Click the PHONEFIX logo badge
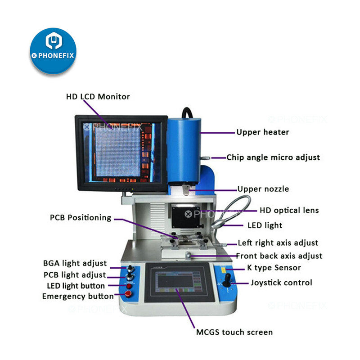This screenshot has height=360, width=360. point(53,50)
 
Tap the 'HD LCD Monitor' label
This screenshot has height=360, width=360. point(98,96)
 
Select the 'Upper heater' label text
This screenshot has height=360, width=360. point(262,132)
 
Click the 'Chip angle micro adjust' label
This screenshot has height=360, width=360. point(273,157)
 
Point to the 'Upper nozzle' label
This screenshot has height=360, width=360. point(263,189)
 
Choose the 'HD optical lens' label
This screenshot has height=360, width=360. point(289,210)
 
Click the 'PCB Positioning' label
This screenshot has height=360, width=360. point(81,218)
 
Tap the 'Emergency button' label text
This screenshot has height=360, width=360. point(78,297)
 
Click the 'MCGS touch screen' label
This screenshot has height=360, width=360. point(234,332)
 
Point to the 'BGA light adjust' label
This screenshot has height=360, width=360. point(75,263)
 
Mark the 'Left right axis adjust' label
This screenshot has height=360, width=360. point(278,243)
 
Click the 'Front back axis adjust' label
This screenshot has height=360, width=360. point(279,256)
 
